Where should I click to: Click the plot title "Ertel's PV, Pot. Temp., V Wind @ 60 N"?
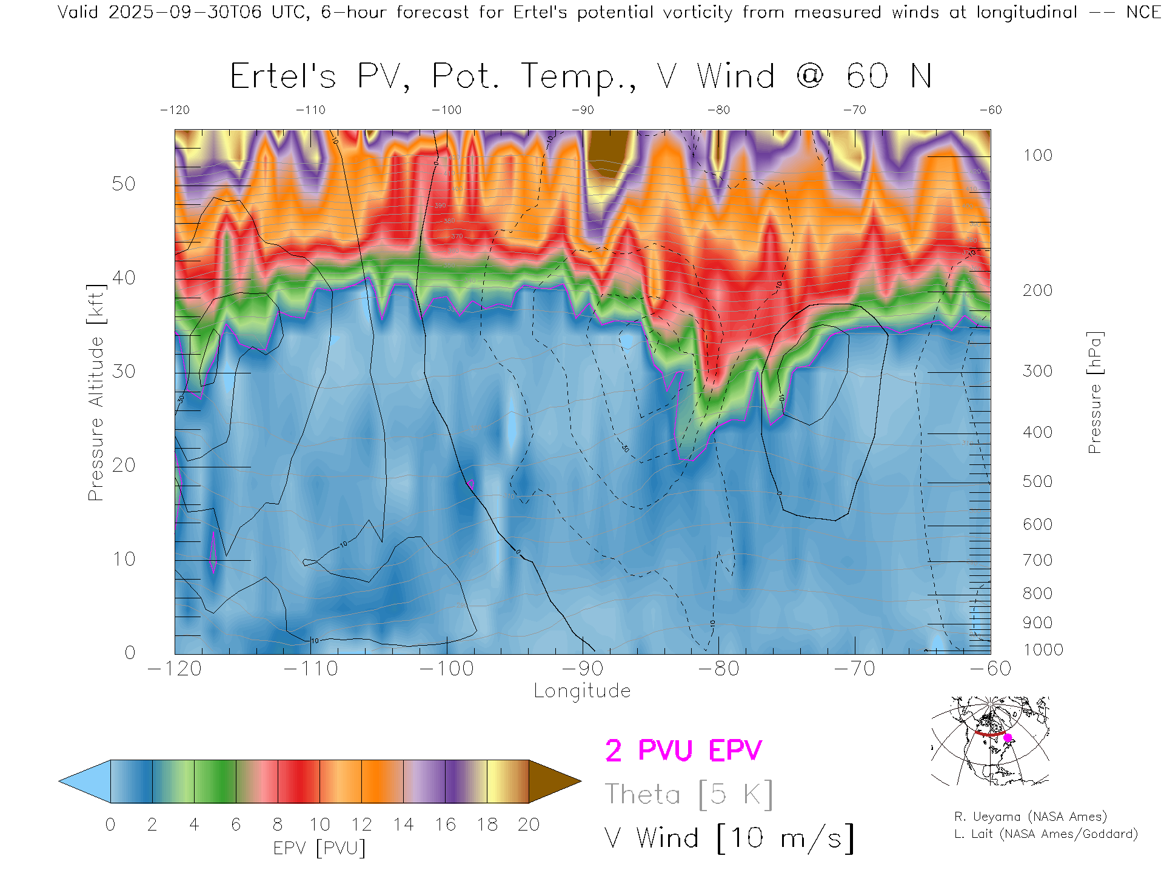point(580,77)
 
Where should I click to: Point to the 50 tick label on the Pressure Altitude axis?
point(124,184)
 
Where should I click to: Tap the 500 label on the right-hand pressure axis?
point(1037,481)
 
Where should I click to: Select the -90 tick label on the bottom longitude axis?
point(582,669)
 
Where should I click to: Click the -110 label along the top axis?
point(310,110)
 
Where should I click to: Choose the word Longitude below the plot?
point(582,691)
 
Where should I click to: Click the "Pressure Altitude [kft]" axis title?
point(96,392)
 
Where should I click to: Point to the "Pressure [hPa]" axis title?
point(1094,392)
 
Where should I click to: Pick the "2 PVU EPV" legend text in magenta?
point(683,751)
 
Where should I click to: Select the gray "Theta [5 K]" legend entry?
point(689,794)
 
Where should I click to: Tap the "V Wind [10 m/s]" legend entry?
point(729,838)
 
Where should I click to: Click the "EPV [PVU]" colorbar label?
point(319,848)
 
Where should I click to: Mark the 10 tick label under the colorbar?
point(319,824)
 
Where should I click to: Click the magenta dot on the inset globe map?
point(1008,738)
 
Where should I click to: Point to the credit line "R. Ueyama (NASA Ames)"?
point(1030,817)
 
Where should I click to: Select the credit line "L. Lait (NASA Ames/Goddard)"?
point(1046,834)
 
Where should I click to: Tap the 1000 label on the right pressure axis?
point(1043,650)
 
